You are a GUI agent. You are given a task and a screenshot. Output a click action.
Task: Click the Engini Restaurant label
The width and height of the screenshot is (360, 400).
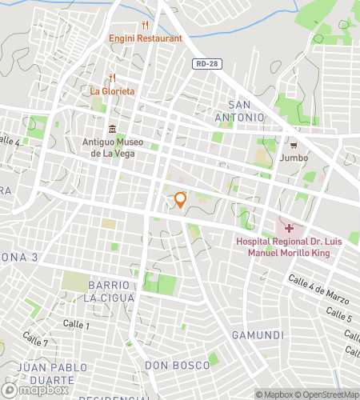pyautogui.click(x=146, y=38)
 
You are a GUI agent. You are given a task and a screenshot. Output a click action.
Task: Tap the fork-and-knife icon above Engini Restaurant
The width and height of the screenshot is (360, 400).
pyautogui.click(x=146, y=25)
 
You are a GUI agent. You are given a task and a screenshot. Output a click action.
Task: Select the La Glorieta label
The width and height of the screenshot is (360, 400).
pyautogui.click(x=112, y=91)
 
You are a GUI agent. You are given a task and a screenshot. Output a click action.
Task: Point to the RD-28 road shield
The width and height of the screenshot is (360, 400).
pyautogui.click(x=205, y=63)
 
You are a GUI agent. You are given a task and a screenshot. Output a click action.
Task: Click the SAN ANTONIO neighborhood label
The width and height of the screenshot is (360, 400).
pyautogui.click(x=246, y=111)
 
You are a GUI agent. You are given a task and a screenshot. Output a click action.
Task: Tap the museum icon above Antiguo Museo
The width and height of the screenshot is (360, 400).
pyautogui.click(x=112, y=130)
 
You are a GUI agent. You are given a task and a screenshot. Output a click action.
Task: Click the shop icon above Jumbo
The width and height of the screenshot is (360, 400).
pyautogui.click(x=294, y=146)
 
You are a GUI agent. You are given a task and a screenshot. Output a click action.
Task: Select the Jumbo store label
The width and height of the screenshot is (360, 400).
pyautogui.click(x=294, y=158)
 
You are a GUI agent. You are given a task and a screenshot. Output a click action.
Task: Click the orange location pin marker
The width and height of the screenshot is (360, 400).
pyautogui.click(x=181, y=199)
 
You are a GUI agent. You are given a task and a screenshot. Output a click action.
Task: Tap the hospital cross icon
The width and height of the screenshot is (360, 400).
pyautogui.click(x=289, y=228)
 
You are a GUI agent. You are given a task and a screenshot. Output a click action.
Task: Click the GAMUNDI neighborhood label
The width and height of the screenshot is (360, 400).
pyautogui.click(x=258, y=334)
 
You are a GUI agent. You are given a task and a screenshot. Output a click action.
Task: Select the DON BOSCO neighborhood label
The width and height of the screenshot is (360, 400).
pyautogui.click(x=178, y=366)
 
